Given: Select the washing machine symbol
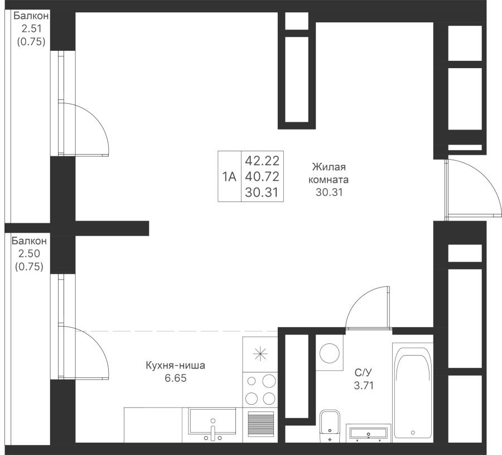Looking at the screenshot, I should (x=330, y=353).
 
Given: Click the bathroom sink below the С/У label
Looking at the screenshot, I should (x=368, y=433).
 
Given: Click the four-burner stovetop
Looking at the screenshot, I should (x=260, y=389).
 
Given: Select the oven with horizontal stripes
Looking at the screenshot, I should (x=260, y=423).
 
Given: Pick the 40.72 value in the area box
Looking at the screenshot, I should (x=262, y=178).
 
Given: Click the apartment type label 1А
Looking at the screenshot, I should (x=229, y=178).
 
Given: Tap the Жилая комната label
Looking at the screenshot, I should (x=330, y=174).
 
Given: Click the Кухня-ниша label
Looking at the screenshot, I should (x=175, y=366).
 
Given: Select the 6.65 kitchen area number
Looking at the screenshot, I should (x=175, y=379).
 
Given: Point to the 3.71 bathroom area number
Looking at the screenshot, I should (x=363, y=385).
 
